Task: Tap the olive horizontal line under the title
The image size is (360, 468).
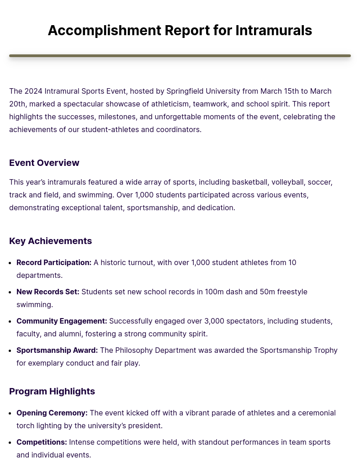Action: point(180,56)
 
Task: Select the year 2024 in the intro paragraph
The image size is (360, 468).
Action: point(33,91)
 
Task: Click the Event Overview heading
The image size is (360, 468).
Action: point(44,163)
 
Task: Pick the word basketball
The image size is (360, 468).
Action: point(249,182)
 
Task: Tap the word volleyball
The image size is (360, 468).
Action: point(287,182)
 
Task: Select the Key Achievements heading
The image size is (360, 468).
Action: point(50,241)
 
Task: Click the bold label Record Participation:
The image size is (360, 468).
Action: point(54,262)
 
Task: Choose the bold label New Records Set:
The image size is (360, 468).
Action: point(48,292)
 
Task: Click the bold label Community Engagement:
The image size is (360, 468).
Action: point(62,321)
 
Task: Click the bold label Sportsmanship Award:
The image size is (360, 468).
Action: point(57,350)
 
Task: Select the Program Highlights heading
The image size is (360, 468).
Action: point(52,391)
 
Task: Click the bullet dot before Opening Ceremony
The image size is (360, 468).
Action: point(11,413)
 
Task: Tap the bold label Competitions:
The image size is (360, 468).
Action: point(42,442)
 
